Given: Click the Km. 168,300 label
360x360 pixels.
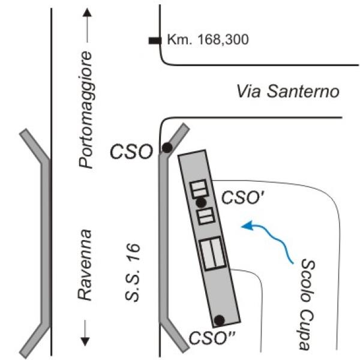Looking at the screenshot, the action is [x=208, y=39].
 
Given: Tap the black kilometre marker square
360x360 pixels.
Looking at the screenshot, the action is [x=155, y=41].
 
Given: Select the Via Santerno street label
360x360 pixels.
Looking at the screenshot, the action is [x=288, y=91].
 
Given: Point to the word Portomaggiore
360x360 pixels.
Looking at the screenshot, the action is [x=85, y=110].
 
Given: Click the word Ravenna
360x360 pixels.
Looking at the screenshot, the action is [x=85, y=265].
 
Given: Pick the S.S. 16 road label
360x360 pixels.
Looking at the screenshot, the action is [x=133, y=272].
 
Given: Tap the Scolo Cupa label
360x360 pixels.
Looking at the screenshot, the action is [x=308, y=305].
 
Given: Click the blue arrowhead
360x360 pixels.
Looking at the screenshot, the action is [x=247, y=226].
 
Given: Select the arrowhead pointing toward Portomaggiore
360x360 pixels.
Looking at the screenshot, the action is [x=87, y=13].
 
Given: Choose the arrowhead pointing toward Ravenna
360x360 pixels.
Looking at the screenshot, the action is [x=85, y=341].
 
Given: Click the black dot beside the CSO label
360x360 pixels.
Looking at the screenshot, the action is [x=167, y=148].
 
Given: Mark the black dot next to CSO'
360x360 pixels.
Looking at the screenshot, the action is [x=201, y=202].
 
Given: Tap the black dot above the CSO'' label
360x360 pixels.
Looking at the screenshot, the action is [x=219, y=320].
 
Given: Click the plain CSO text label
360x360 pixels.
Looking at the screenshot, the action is [x=131, y=152].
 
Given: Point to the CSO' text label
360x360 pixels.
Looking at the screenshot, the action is [x=243, y=197].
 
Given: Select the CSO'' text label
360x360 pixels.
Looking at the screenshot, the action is [x=212, y=338].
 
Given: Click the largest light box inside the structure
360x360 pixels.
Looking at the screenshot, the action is [x=212, y=253].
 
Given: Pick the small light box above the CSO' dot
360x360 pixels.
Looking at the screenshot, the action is [x=199, y=189].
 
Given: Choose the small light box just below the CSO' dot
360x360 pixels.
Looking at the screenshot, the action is [x=206, y=216].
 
